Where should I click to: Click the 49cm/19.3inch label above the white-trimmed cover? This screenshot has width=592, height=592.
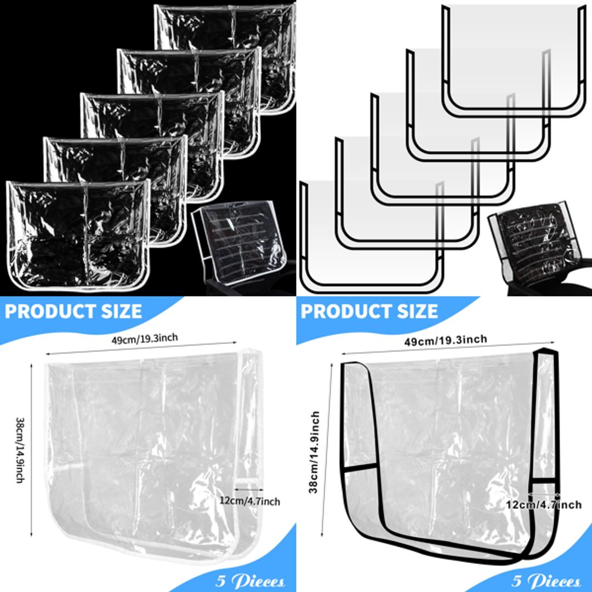click(x=145, y=338)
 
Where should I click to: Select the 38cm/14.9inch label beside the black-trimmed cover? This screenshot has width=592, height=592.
click(x=315, y=452)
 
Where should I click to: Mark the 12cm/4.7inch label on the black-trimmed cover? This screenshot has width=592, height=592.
click(x=544, y=504)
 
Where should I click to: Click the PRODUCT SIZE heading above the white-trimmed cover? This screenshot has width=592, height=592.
click(x=73, y=311)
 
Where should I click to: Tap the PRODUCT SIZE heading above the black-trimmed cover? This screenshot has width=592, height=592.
click(x=369, y=311)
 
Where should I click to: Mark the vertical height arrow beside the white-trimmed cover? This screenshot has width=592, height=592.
click(x=32, y=449)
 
